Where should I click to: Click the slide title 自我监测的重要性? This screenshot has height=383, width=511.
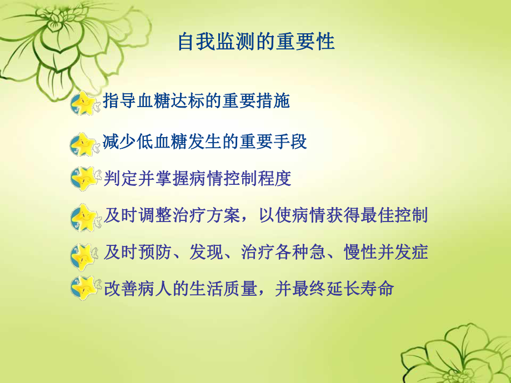point(256,43)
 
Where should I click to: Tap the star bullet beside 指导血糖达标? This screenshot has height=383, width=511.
point(84,103)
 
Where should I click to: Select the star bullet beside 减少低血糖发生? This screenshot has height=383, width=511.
point(83,144)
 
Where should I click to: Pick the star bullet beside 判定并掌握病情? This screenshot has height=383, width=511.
point(84,179)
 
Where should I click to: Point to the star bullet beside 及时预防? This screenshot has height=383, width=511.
point(84,255)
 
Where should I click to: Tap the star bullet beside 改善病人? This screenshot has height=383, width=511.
point(84,289)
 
